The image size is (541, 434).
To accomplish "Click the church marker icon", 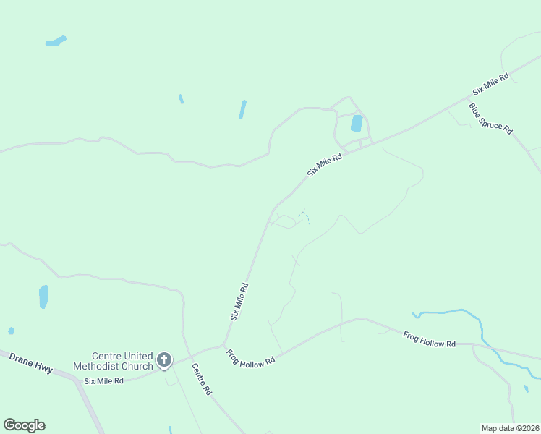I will point(164,359).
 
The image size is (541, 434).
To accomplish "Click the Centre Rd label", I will point(201,379).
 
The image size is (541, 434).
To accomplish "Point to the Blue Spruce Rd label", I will point(490,119).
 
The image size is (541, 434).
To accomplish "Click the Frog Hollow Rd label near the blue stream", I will point(430,339).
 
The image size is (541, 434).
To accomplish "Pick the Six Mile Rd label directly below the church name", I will point(104,380).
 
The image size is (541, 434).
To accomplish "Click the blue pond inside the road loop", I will point(357,123).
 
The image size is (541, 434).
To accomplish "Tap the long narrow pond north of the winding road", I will point(243,109).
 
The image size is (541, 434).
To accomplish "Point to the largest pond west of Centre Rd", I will point(43,296).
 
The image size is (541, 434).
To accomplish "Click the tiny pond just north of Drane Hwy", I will point(11,331).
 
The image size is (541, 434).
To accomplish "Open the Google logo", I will point(24,425).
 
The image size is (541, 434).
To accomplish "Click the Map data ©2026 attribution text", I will point(510,428).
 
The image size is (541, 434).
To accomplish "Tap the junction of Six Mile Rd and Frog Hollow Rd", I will point(225,344).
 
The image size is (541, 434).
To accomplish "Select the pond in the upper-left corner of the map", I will point(55,41).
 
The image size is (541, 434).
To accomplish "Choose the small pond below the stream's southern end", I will point(526,389).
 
